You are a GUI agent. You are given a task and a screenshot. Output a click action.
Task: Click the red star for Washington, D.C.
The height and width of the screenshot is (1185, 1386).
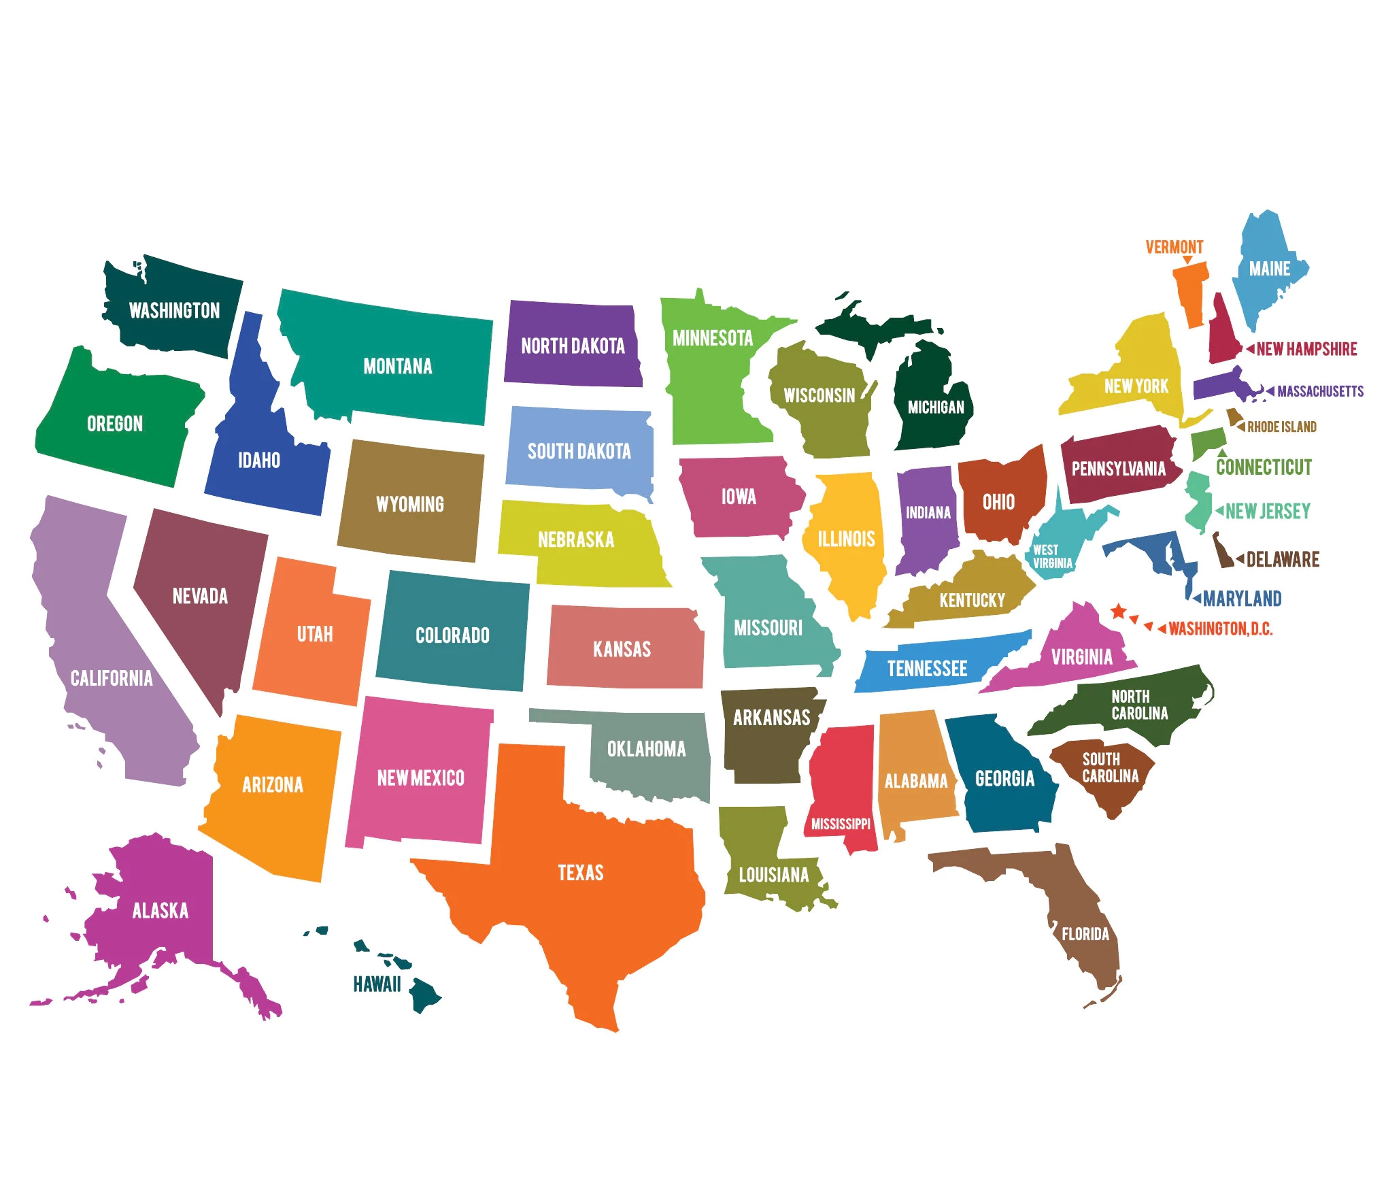(x=1118, y=611)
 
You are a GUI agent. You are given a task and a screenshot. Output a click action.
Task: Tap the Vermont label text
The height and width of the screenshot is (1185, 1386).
(x=1174, y=247)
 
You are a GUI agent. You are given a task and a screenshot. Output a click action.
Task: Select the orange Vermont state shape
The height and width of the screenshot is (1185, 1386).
(x=1191, y=292)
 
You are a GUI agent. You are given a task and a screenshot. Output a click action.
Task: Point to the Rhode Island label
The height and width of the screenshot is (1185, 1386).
(x=1281, y=427)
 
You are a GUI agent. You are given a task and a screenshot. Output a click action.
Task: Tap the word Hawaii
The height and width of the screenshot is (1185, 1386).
(x=377, y=984)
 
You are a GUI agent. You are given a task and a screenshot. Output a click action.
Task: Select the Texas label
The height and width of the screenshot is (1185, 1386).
(x=580, y=872)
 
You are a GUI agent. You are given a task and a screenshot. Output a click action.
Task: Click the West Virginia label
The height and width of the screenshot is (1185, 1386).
(x=1051, y=556)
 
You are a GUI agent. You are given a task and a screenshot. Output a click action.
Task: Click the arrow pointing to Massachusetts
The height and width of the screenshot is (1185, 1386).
(x=1270, y=391)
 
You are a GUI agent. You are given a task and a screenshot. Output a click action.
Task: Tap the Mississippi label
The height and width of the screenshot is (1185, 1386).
(x=841, y=824)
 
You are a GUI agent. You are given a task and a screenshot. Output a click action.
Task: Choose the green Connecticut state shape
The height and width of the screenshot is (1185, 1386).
(x=1208, y=442)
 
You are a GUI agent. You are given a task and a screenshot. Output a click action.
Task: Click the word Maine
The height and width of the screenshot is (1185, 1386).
(x=1269, y=269)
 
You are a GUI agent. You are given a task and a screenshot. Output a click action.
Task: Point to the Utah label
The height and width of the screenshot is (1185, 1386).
(x=315, y=634)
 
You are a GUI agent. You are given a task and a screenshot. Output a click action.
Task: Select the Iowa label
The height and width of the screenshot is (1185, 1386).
(x=739, y=497)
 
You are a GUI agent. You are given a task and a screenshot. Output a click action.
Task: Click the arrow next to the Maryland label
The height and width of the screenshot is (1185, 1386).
(x=1197, y=599)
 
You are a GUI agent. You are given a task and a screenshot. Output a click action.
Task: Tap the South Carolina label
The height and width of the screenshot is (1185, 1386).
(x=1109, y=767)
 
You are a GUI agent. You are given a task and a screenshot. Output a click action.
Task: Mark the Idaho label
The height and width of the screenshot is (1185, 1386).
(x=259, y=461)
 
